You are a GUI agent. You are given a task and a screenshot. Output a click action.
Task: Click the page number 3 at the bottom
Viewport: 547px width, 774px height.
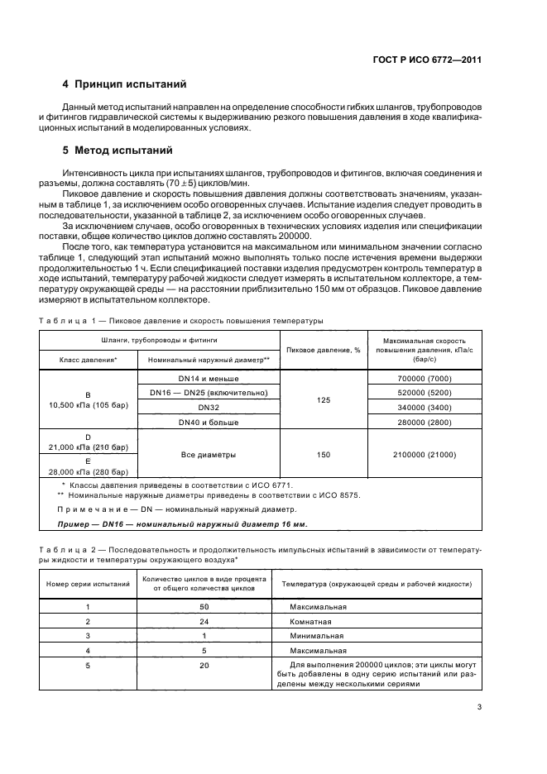tap(479, 707)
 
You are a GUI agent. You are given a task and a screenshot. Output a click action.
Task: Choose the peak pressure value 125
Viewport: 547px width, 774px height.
tap(324, 399)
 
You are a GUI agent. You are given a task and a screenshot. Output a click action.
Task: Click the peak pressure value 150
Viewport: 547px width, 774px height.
tap(324, 454)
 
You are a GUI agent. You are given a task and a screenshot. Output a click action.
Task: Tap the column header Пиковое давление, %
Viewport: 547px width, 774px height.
tap(324, 350)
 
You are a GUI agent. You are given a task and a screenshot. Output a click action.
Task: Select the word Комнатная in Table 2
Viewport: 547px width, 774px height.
tap(313, 621)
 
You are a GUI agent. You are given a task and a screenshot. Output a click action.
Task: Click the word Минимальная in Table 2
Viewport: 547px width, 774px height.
tap(317, 636)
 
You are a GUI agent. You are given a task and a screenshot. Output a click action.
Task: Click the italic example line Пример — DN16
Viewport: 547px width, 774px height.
tap(182, 524)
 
